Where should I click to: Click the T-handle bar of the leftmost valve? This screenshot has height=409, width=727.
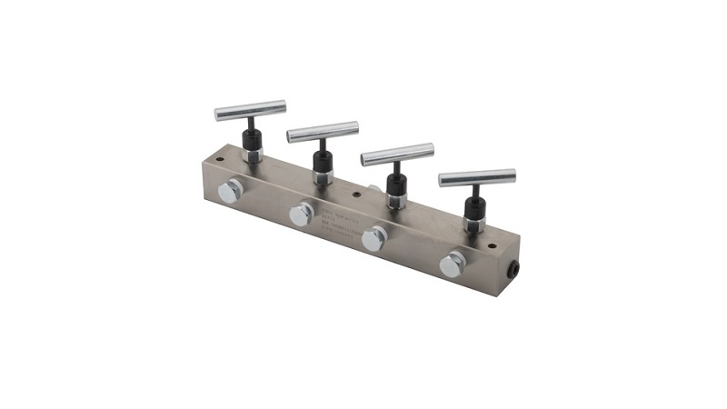pyautogui.click(x=249, y=111)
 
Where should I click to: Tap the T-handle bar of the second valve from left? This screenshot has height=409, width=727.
pyautogui.click(x=323, y=131)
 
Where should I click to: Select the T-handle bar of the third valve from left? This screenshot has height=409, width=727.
pyautogui.click(x=397, y=155)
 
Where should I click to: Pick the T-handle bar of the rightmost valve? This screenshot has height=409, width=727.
pyautogui.click(x=476, y=177)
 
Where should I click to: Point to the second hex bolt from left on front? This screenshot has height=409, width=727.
pyautogui.click(x=301, y=214)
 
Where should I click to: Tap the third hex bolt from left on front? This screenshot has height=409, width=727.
pyautogui.click(x=373, y=239)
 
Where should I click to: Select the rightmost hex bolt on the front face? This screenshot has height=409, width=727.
pyautogui.click(x=451, y=264)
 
